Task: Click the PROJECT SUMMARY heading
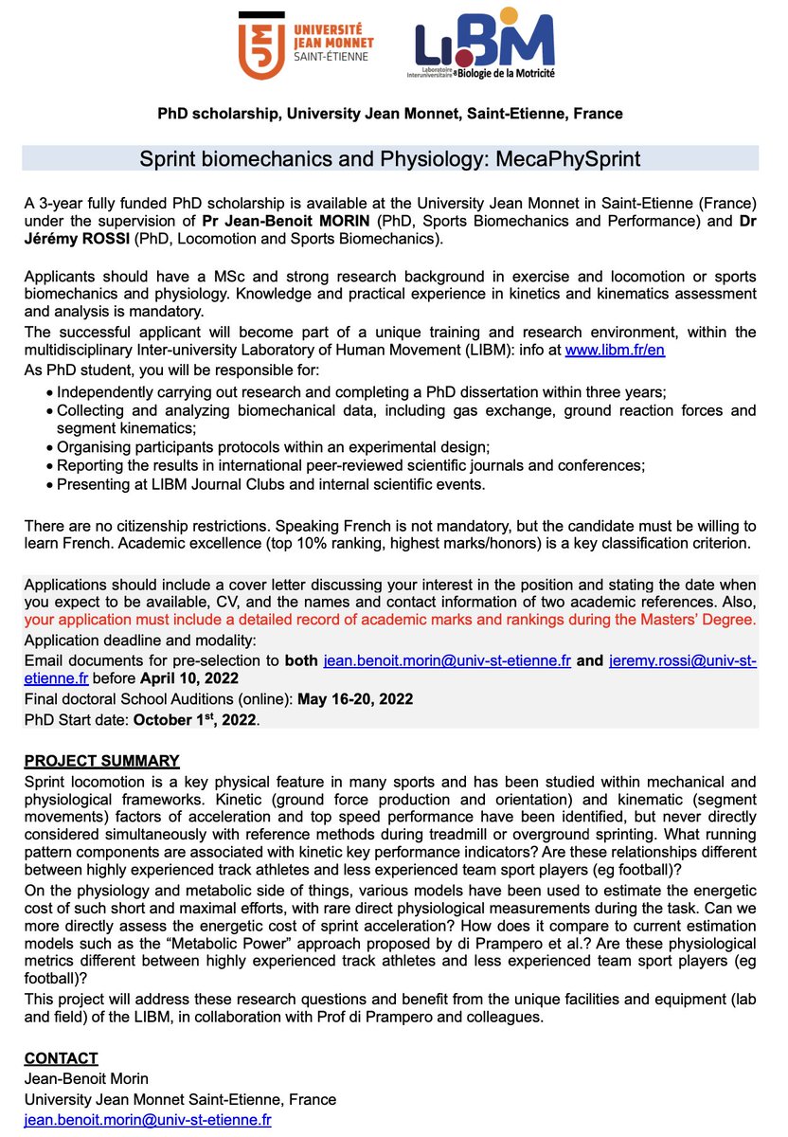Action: coord(101,762)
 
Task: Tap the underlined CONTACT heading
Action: coord(61,1058)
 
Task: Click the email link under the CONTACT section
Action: coord(148,1119)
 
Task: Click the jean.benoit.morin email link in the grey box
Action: coord(446,660)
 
